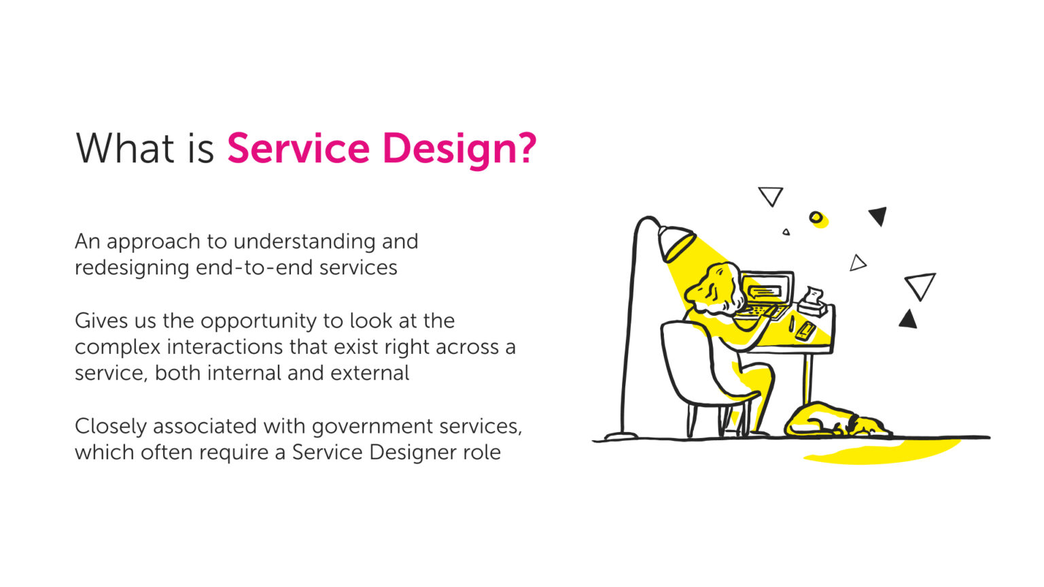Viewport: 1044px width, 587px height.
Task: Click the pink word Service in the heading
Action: [x=298, y=148]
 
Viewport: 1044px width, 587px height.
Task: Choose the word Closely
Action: [x=111, y=427]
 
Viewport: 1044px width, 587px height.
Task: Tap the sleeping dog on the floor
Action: [x=833, y=421]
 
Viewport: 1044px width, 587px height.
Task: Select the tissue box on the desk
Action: [x=814, y=304]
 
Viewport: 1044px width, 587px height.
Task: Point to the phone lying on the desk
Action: [x=806, y=330]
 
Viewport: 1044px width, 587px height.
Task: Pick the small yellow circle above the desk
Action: [x=816, y=217]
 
